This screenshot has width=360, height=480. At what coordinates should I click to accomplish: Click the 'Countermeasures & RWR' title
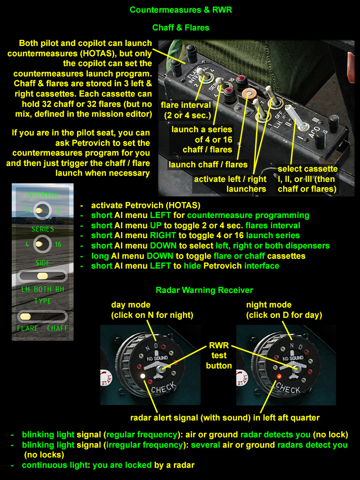coord(180,10)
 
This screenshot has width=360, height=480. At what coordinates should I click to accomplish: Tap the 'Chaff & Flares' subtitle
coord(180,28)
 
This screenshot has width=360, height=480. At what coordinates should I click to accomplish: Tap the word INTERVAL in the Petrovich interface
coord(43,195)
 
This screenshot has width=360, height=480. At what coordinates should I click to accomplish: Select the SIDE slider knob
coord(42,276)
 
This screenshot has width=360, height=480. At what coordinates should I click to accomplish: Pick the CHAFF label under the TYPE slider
coord(57,329)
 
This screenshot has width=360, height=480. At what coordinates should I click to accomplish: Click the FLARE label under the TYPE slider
coord(27,329)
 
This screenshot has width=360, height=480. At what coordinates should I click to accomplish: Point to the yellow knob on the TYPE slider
coord(26,316)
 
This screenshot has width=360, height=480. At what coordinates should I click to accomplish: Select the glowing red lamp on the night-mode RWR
coord(279,376)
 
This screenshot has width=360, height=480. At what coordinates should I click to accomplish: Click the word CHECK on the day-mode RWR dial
coord(164,387)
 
